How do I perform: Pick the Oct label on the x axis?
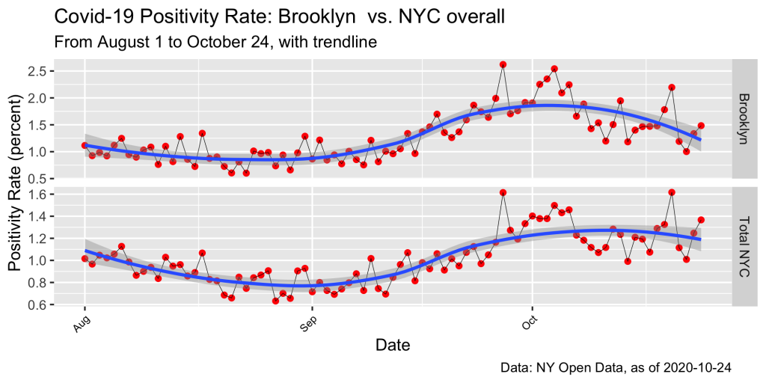[x=527, y=322]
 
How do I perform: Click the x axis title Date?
[x=391, y=346]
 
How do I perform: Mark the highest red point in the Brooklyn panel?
[x=503, y=64]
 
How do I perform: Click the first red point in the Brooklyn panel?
[x=85, y=145]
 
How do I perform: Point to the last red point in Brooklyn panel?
[x=701, y=126]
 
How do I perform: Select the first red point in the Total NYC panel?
[x=85, y=258]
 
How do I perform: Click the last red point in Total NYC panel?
[x=701, y=220]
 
